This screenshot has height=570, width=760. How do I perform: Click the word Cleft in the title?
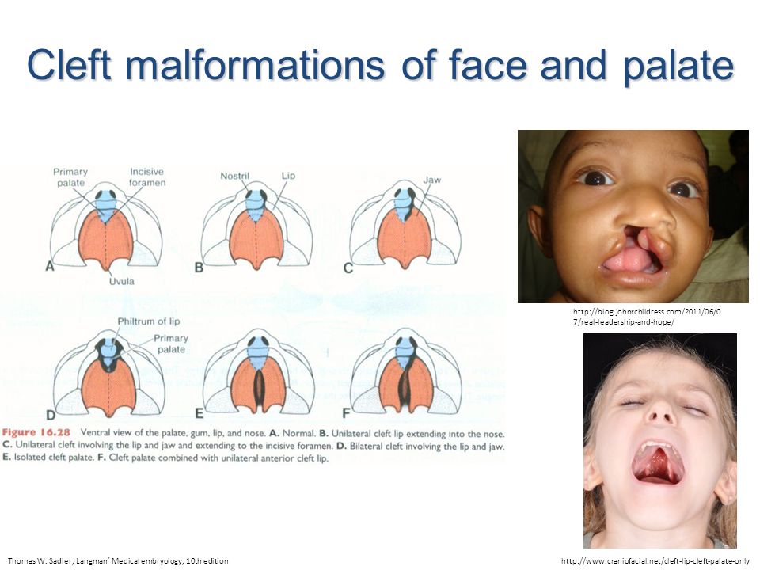pyautogui.click(x=70, y=65)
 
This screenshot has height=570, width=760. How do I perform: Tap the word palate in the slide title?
pyautogui.click(x=678, y=66)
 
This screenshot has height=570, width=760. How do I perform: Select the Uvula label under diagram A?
pyautogui.click(x=121, y=281)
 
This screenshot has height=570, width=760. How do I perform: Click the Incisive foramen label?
pyautogui.click(x=147, y=177)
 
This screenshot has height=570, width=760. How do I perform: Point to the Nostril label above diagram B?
pyautogui.click(x=234, y=176)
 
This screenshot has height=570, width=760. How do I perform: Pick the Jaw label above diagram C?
pyautogui.click(x=432, y=180)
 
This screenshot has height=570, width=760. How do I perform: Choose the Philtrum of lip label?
pyautogui.click(x=148, y=321)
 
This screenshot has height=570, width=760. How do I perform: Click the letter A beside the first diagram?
pyautogui.click(x=49, y=266)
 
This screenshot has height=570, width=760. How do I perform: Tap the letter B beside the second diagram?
pyautogui.click(x=199, y=268)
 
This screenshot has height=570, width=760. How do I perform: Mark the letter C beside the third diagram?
pyautogui.click(x=348, y=268)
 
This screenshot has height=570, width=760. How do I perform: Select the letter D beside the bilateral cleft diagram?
pyautogui.click(x=51, y=415)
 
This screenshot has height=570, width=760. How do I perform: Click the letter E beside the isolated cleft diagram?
pyautogui.click(x=199, y=413)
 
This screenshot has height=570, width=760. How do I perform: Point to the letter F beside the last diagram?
pyautogui.click(x=346, y=413)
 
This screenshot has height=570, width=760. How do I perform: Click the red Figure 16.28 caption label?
pyautogui.click(x=36, y=432)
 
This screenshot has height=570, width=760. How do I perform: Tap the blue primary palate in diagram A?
pyautogui.click(x=106, y=206)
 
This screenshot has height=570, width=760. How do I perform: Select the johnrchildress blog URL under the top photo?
pyautogui.click(x=647, y=317)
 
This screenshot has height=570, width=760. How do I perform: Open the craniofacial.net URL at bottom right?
pyautogui.click(x=655, y=560)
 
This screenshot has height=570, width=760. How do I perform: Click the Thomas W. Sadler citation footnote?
pyautogui.click(x=118, y=560)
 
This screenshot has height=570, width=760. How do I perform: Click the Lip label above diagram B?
pyautogui.click(x=288, y=176)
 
